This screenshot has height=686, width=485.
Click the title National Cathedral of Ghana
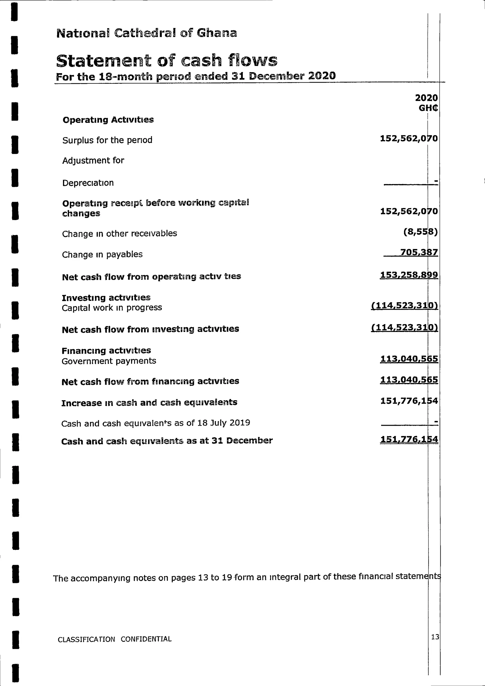[x=146, y=33]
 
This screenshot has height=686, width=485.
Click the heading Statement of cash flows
[x=166, y=60]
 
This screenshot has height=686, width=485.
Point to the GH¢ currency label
[x=428, y=108]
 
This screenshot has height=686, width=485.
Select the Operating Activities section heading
[x=108, y=120]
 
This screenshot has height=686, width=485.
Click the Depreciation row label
[x=88, y=183]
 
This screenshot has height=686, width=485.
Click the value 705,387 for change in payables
[x=419, y=252]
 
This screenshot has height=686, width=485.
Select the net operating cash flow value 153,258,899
[x=409, y=275]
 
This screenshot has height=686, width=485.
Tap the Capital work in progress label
[x=112, y=308]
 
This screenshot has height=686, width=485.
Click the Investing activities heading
[x=106, y=298]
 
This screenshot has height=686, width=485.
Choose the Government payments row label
[x=109, y=361]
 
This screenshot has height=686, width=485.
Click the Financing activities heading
[x=106, y=350]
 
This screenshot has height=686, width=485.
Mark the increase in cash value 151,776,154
[x=409, y=401]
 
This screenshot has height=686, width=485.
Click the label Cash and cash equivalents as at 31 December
[x=167, y=441]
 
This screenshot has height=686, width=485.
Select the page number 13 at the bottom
[x=435, y=637]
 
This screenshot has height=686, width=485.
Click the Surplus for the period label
[x=107, y=140]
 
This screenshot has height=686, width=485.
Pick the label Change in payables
[x=102, y=255]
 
